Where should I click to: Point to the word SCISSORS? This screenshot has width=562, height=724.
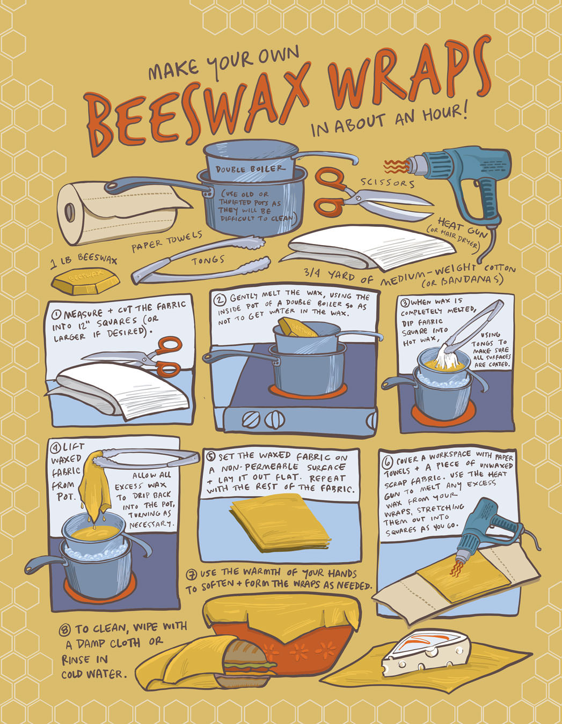[x=388, y=183]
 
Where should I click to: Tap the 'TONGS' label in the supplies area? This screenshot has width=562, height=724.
[x=208, y=260]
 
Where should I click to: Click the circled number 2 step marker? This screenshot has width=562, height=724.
[x=220, y=299]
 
